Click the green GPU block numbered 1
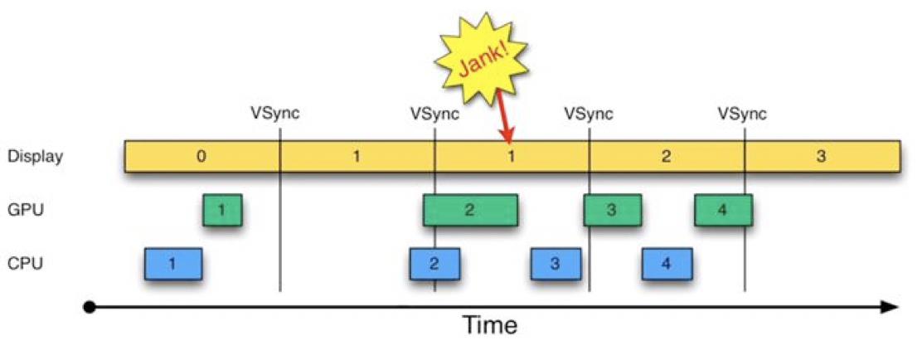222,210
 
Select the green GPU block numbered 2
470,210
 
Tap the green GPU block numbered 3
611,210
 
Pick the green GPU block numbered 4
723,210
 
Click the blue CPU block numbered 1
172,264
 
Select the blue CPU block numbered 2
434,264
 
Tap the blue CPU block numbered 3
556,264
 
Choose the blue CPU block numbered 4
667,264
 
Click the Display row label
35,156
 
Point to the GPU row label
25,211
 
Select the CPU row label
25,265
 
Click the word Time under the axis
489,324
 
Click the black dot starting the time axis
90,307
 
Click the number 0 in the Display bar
201,156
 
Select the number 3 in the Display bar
821,156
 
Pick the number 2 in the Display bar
666,156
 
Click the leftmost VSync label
274,114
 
